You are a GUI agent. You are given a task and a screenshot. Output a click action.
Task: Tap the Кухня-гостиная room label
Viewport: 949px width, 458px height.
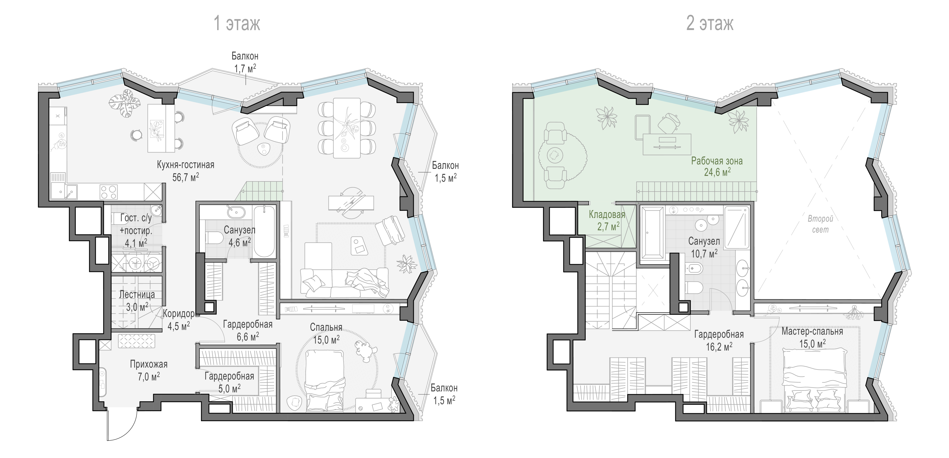pyautogui.click(x=185, y=165)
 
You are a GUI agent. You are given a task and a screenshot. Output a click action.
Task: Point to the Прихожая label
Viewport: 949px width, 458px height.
pyautogui.click(x=149, y=365)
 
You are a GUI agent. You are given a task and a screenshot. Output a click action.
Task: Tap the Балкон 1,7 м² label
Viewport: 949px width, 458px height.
pyautogui.click(x=245, y=62)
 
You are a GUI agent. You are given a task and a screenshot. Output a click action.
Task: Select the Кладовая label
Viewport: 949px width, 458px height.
pyautogui.click(x=607, y=215)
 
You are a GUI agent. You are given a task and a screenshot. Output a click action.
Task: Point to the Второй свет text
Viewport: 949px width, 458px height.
pyautogui.click(x=820, y=224)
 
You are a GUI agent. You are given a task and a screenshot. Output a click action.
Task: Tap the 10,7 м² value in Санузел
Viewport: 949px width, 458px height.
pyautogui.click(x=704, y=253)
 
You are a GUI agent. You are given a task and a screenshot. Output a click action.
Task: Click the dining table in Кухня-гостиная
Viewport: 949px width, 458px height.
pyautogui.click(x=347, y=128)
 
